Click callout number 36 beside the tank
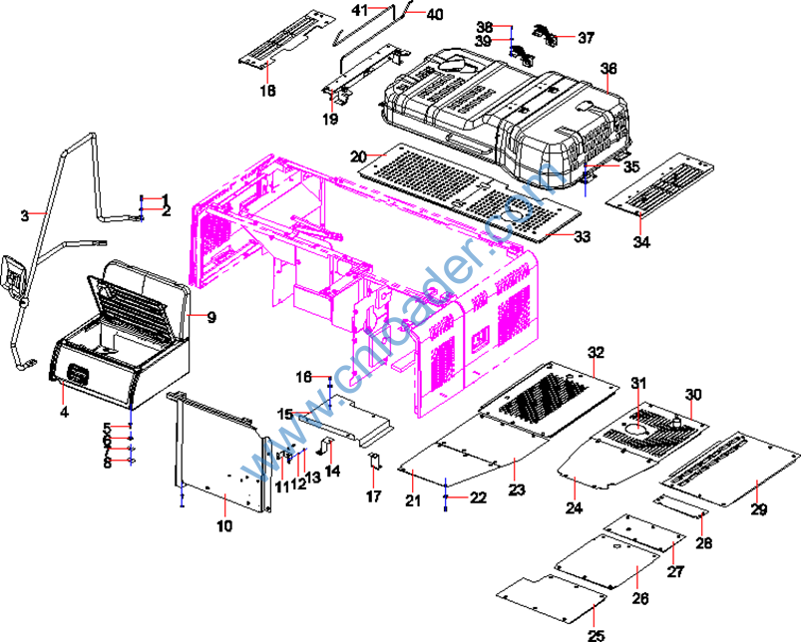point(608,68)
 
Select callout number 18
point(267,92)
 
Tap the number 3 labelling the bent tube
point(25,213)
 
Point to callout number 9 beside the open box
point(210,317)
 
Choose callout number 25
point(596,635)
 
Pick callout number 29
point(759,510)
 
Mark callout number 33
point(583,236)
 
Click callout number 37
point(586,38)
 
